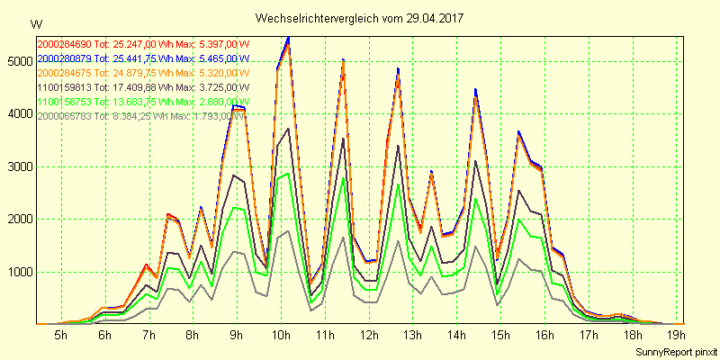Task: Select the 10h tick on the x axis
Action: (280, 336)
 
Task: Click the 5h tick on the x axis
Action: (60, 336)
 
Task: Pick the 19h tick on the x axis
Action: (676, 336)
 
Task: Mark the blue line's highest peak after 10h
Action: (288, 37)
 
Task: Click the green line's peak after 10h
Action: (288, 174)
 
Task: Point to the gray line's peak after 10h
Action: (288, 231)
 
